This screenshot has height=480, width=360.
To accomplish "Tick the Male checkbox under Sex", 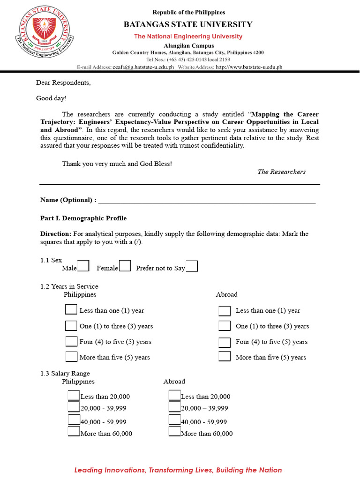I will pyautogui.click(x=83, y=266).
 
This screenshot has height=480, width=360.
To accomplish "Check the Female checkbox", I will pyautogui.click(x=125, y=266).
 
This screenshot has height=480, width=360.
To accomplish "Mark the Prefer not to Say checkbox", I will pyautogui.click(x=192, y=266).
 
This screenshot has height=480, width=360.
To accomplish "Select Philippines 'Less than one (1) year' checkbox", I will pyautogui.click(x=71, y=310).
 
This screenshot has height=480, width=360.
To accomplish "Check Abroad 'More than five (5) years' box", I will pyautogui.click(x=225, y=356).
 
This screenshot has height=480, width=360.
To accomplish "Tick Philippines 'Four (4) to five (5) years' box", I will pyautogui.click(x=71, y=341).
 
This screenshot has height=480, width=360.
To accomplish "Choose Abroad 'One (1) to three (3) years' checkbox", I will pyautogui.click(x=225, y=326).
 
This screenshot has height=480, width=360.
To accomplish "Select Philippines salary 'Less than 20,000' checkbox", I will pyautogui.click(x=74, y=396).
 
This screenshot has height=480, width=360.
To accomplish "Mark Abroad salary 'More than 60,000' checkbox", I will pyautogui.click(x=174, y=432).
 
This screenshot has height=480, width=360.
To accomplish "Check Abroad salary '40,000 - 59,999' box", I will pyautogui.click(x=174, y=420).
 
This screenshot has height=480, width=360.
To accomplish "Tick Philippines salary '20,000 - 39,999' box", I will pyautogui.click(x=74, y=407).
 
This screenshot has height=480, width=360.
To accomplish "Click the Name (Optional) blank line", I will pyautogui.click(x=206, y=201).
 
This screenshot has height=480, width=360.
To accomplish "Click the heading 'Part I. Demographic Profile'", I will pyautogui.click(x=83, y=218).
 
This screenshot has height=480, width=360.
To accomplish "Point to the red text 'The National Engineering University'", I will pyautogui.click(x=188, y=37).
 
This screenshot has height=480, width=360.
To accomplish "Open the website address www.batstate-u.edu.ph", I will pyautogui.click(x=249, y=67).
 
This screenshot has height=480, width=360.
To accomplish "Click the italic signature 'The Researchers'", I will pyautogui.click(x=281, y=172).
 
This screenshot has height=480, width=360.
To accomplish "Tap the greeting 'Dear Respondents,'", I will pyautogui.click(x=63, y=83).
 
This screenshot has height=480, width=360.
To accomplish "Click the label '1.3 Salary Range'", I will pyautogui.click(x=65, y=374).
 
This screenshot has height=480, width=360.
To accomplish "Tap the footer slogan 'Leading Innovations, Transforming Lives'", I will pyautogui.click(x=178, y=470).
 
